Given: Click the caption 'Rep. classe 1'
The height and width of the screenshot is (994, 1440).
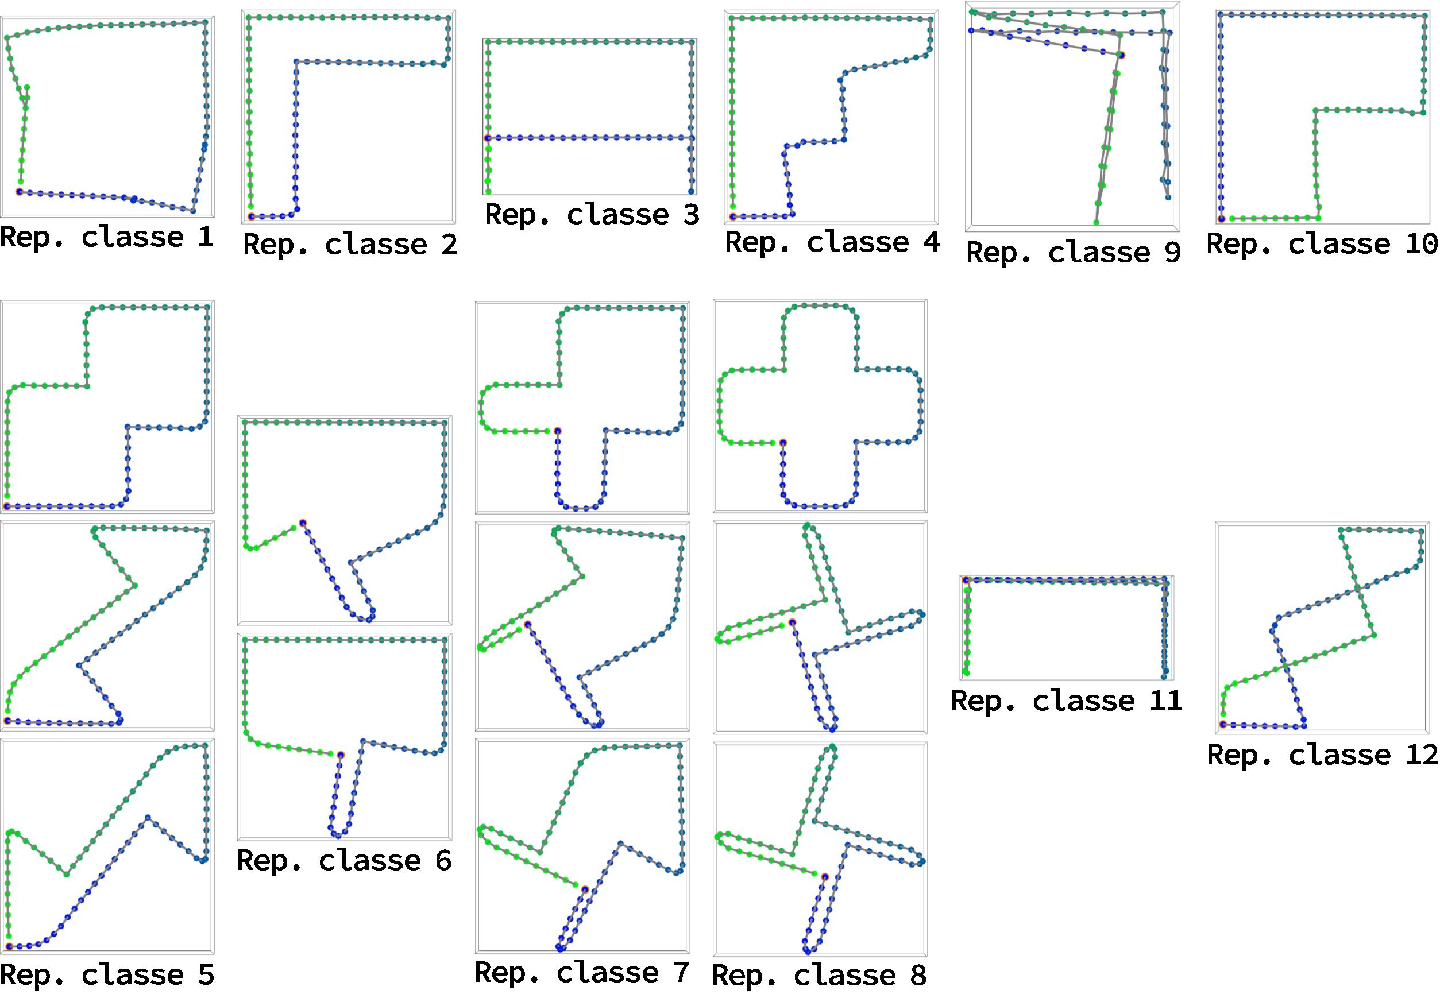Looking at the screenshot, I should coord(107,237).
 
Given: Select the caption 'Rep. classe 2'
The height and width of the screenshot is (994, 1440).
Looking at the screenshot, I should coord(350,244).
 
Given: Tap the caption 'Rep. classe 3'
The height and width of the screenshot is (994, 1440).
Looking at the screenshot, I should coord(592,215).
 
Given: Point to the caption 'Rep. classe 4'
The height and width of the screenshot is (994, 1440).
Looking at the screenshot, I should coord(832,242).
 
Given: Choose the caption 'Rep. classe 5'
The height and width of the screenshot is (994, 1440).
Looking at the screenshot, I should coord(107,974).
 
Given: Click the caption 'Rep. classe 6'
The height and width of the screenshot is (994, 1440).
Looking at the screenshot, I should coord(345,861).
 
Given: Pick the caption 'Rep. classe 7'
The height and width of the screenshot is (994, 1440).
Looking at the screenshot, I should coord(582,972).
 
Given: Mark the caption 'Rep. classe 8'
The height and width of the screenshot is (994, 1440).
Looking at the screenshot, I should coord(819,975).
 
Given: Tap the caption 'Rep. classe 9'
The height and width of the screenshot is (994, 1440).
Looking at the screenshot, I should coord(1073,252).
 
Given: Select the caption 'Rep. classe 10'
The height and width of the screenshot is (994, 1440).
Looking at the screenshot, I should coord(1322,244).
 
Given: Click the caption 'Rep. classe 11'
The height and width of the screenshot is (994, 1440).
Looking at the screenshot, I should coord(1066,701).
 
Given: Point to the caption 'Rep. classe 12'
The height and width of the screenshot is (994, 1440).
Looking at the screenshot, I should coord(1322,755).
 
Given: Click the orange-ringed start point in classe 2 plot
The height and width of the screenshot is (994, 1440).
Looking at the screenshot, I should coord(251,216).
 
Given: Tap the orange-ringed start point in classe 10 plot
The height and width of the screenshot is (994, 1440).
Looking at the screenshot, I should coord(1221,219).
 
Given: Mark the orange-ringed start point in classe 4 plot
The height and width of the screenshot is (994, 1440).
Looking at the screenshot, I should coord(732,216).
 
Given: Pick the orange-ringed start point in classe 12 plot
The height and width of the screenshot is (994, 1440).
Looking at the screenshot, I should coord(1223,724).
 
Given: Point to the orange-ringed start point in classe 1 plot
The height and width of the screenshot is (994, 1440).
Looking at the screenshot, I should coord(20,191).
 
